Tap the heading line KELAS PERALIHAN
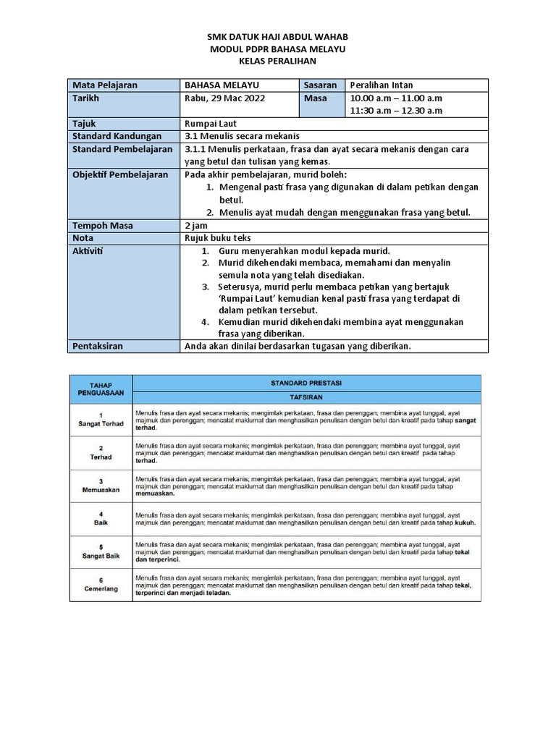pos(277,61)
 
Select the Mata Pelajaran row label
pos(105,85)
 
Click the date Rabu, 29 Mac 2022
pos(225,98)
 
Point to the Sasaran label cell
pos(320,85)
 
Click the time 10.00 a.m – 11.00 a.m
pos(396,98)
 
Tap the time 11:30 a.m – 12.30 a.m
pos(396,111)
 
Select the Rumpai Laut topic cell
pos(211,124)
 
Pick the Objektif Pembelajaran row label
pos(120,174)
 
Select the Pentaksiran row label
pos(98,346)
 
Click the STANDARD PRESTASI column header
pos(306,381)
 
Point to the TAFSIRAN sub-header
pos(306,397)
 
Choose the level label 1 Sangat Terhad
pos(101,419)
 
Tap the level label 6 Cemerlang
pos(101,585)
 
